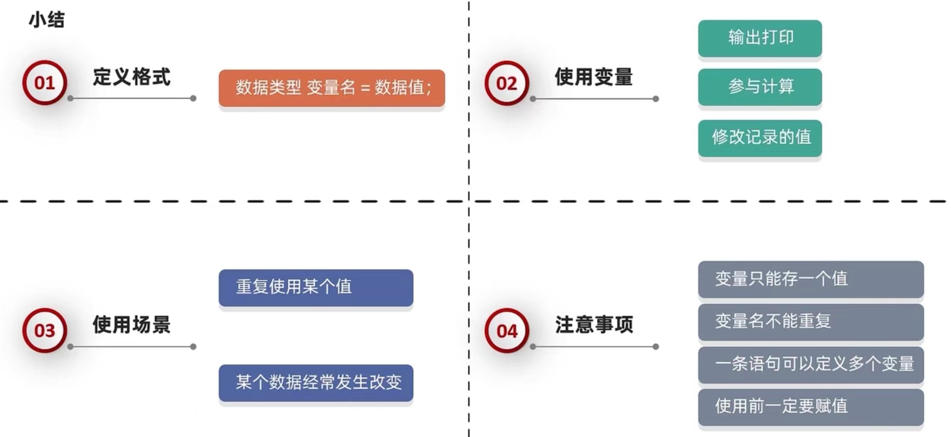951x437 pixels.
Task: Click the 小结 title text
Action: (47, 20)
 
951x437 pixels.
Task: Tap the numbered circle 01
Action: (45, 83)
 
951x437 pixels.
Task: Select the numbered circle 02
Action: (506, 83)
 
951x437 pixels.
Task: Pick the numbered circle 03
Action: (45, 331)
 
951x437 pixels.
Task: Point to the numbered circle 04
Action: (506, 331)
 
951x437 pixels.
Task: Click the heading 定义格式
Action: (132, 77)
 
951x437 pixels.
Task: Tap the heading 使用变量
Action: (593, 77)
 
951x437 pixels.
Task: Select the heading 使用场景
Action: (132, 324)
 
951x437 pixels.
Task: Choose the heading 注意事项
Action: (594, 324)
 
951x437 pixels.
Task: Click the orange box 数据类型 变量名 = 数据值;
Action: (331, 88)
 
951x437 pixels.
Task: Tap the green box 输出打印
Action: (760, 38)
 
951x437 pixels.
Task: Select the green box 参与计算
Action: (760, 87)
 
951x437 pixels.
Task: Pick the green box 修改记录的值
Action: (760, 137)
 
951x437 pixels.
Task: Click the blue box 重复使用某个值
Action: (316, 287)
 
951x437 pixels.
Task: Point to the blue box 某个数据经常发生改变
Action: (316, 383)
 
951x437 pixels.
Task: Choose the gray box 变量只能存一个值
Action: (810, 279)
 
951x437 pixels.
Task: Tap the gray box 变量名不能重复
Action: (810, 321)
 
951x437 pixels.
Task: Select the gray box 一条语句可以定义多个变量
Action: (810, 364)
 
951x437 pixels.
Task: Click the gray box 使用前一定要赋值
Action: (810, 406)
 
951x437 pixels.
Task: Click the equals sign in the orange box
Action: (365, 88)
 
